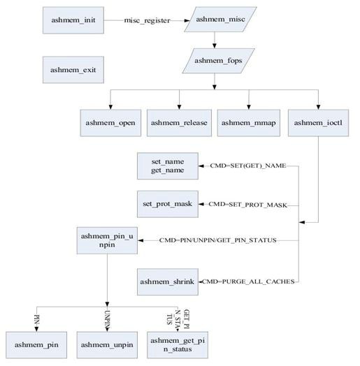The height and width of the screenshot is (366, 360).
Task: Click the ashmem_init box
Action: click(x=73, y=21)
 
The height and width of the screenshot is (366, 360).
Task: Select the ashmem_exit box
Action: click(x=73, y=69)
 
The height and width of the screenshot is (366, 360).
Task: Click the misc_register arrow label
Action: click(x=147, y=21)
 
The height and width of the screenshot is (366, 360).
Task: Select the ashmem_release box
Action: click(x=179, y=122)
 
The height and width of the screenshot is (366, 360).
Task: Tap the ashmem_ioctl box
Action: click(x=319, y=122)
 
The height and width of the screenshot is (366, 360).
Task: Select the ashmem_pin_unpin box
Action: click(x=107, y=240)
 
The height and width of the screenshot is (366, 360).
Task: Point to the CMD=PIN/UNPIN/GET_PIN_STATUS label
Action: click(x=218, y=240)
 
